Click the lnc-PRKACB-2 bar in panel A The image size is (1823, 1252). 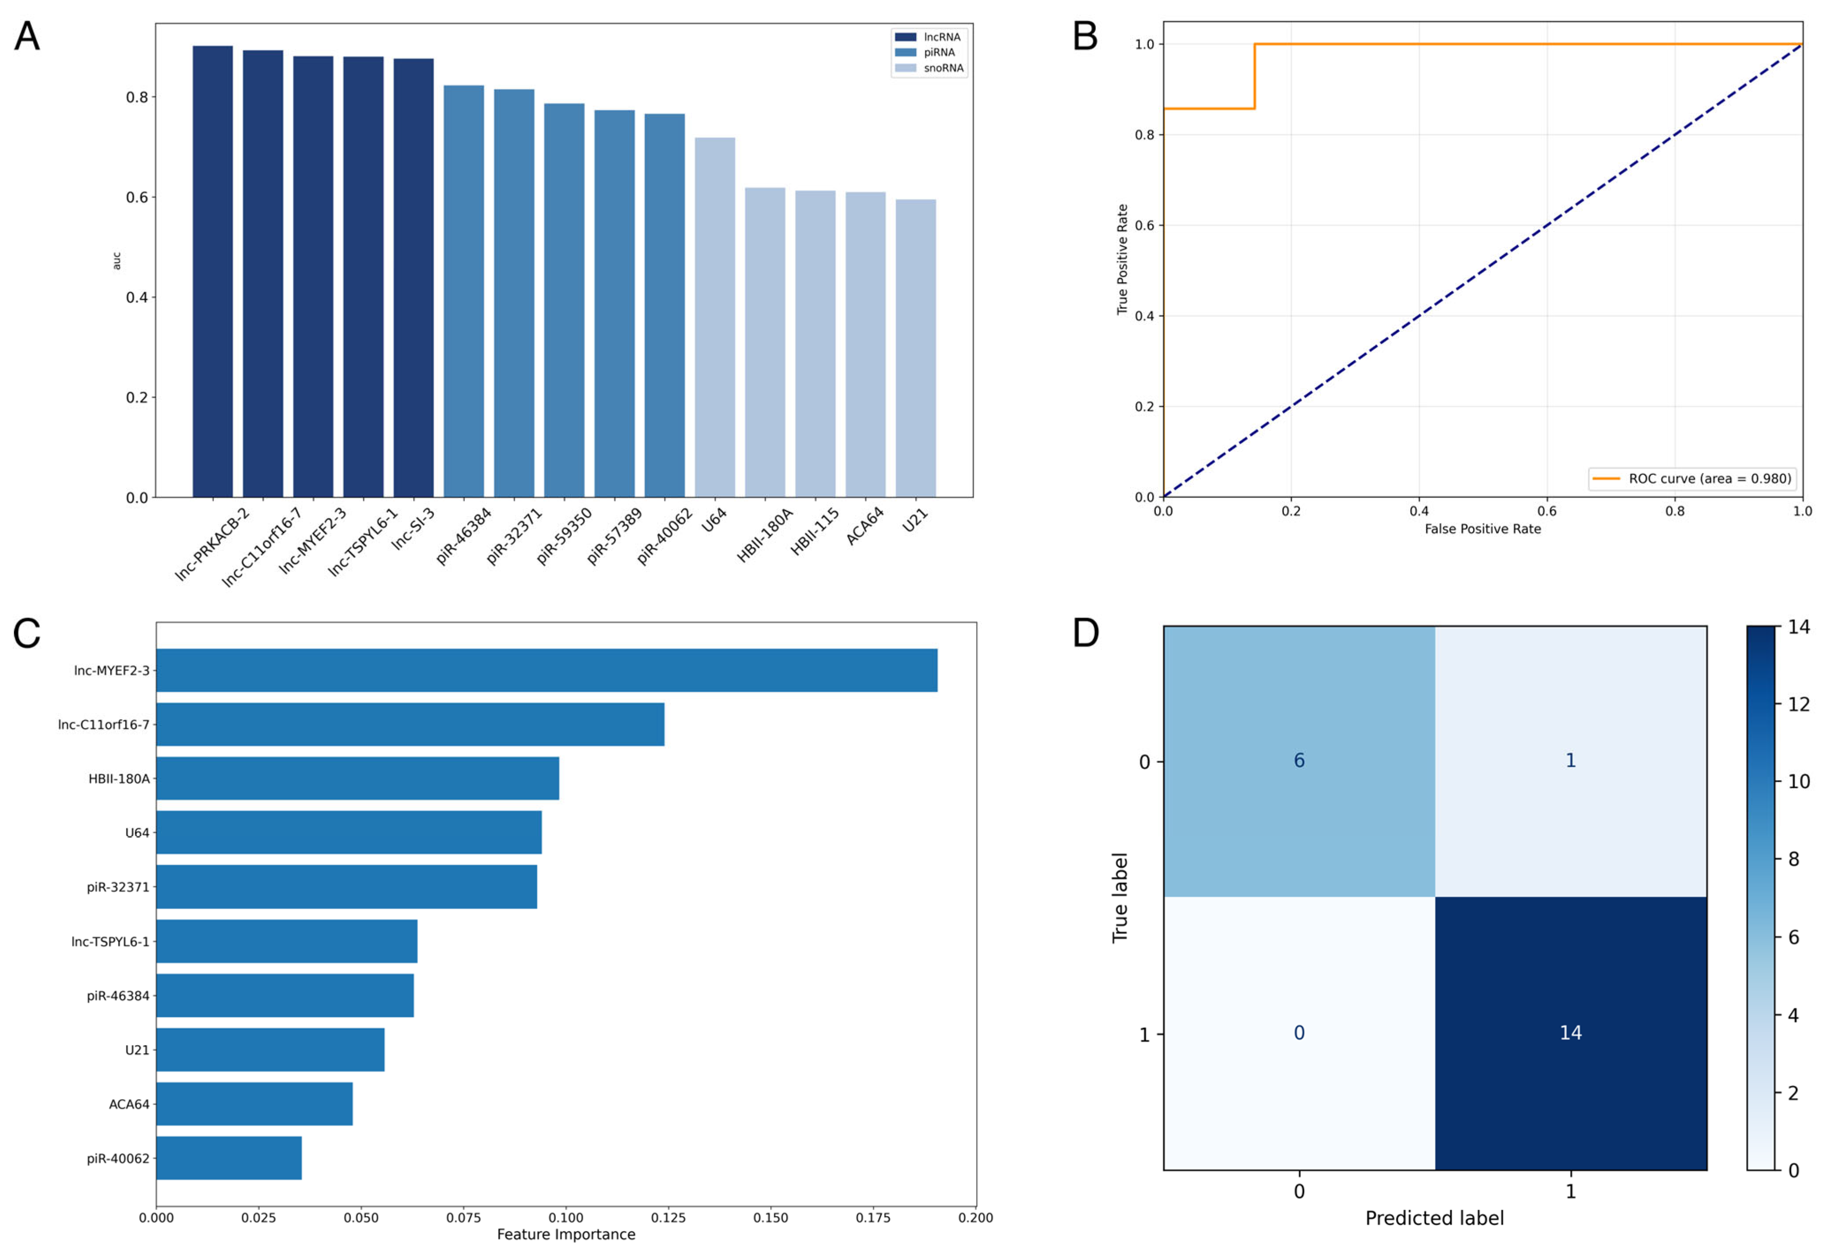tap(213, 271)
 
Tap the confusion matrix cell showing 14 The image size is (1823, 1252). tap(1570, 1033)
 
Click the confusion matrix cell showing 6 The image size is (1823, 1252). tap(1299, 761)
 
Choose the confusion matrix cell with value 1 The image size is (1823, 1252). tap(1570, 761)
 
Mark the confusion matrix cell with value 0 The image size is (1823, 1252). tap(1299, 1033)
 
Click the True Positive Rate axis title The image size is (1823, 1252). tap(1122, 260)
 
